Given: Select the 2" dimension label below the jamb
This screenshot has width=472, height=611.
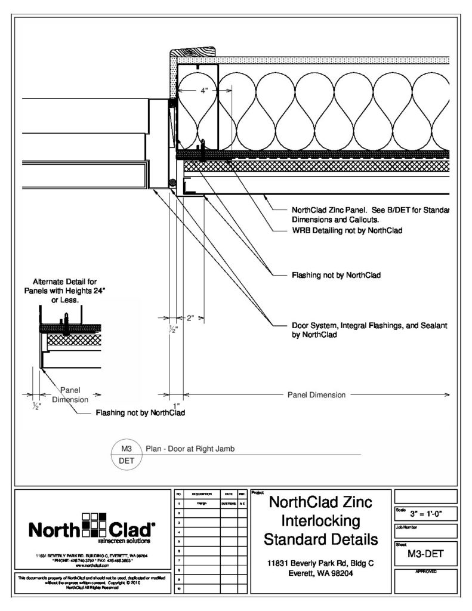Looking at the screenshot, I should tap(190, 318).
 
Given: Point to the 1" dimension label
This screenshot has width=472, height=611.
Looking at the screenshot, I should tap(175, 405).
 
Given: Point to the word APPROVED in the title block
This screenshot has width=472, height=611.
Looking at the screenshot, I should tap(425, 571).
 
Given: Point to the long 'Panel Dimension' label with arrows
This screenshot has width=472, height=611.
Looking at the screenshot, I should tap(316, 394).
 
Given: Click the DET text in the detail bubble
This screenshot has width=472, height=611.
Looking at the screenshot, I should tap(126, 461).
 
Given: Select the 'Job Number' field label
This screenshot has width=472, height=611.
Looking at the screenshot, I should tap(405, 527).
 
